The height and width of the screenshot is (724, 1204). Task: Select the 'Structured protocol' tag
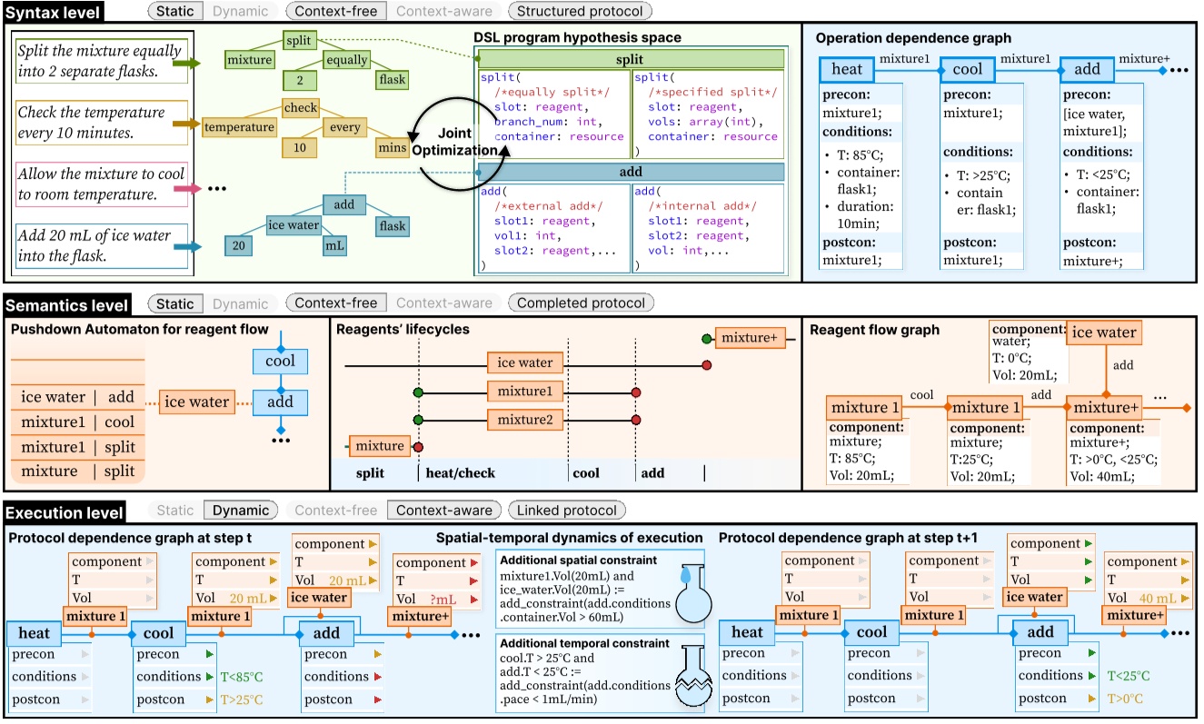[x=579, y=12]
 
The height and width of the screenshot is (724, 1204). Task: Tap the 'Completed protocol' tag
[x=580, y=303]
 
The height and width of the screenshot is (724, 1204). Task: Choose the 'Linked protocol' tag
[x=566, y=511]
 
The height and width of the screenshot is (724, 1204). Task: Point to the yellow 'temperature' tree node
[x=238, y=128]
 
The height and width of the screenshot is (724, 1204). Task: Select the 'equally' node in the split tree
[x=346, y=61]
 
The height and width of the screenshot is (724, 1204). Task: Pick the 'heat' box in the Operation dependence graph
[x=847, y=69]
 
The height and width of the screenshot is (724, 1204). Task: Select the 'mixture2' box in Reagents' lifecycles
[x=524, y=420]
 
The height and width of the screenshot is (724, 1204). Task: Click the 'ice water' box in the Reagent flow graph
[x=1103, y=333]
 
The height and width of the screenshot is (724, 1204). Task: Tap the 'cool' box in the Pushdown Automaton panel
[x=280, y=362]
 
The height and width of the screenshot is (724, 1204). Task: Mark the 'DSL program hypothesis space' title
[x=577, y=37]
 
